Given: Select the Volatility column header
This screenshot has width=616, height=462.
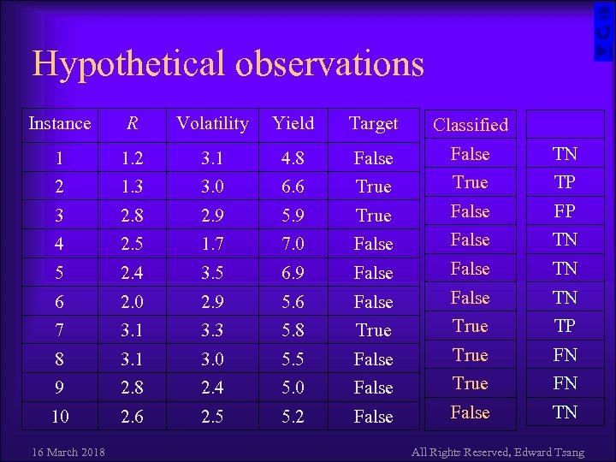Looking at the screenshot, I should pyautogui.click(x=211, y=123).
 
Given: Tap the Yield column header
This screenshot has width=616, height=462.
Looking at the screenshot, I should pyautogui.click(x=293, y=123).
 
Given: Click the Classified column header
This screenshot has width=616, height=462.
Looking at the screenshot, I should pyautogui.click(x=470, y=125).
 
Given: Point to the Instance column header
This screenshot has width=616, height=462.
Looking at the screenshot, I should pyautogui.click(x=59, y=123).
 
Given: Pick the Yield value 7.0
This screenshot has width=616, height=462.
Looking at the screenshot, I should pyautogui.click(x=293, y=244).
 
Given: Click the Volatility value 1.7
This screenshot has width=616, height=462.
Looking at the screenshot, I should pyautogui.click(x=211, y=244).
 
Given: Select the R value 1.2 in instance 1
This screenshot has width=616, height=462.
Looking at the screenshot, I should pyautogui.click(x=132, y=158).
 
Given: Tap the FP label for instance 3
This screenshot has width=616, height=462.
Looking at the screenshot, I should pyautogui.click(x=565, y=211).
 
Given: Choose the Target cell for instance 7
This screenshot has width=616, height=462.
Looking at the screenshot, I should pyautogui.click(x=373, y=330).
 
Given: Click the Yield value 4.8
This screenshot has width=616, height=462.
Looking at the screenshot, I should pyautogui.click(x=293, y=158).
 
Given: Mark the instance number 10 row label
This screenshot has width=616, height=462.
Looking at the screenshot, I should pyautogui.click(x=59, y=417).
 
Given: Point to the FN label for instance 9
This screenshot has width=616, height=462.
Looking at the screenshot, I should pyautogui.click(x=565, y=383).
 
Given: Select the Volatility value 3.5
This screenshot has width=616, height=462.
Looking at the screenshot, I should pyautogui.click(x=211, y=273).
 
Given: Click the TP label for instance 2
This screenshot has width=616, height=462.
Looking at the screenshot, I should pyautogui.click(x=565, y=183).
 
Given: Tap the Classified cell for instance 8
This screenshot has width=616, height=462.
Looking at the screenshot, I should pyautogui.click(x=470, y=355).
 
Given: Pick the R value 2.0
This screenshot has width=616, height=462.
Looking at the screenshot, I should pyautogui.click(x=132, y=302).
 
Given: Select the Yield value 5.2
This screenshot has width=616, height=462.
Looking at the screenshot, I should pyautogui.click(x=293, y=417).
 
